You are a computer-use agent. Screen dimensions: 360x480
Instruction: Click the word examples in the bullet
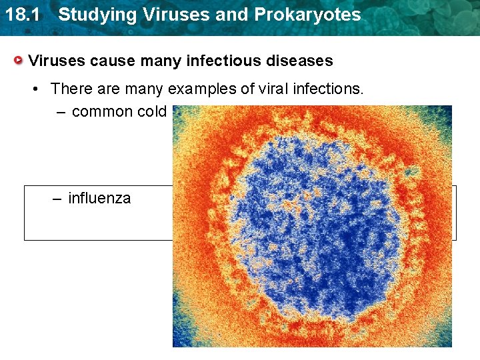205,89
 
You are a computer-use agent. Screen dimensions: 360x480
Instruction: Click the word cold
151,111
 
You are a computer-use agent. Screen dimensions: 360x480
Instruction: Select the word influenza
100,198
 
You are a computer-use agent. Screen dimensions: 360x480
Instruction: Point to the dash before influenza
57,199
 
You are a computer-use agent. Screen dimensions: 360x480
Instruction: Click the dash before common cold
61,112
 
